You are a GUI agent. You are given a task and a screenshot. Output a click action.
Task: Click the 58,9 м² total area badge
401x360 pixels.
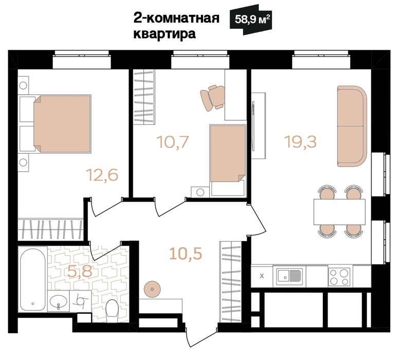click(251, 20)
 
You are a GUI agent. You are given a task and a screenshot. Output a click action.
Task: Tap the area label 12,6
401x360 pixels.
click(102, 175)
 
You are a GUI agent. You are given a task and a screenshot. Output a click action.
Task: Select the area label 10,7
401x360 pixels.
click(173, 142)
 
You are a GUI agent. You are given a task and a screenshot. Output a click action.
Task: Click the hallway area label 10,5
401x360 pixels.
click(186, 254)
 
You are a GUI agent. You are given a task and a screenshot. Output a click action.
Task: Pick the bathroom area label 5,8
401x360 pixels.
click(80, 271)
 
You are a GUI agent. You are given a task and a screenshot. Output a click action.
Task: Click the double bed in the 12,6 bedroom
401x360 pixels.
click(62, 124)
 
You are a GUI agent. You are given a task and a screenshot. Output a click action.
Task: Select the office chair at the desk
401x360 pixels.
click(213, 98)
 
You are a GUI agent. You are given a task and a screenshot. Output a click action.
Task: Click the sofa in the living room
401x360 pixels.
click(352, 126)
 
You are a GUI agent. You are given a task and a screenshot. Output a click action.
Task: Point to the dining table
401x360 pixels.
click(340, 212)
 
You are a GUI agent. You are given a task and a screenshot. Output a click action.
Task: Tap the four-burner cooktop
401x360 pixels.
click(339, 277)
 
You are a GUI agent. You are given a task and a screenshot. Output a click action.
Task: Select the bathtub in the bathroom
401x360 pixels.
click(33, 279)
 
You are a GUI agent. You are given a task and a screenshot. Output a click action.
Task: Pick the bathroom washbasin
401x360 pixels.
click(58, 301)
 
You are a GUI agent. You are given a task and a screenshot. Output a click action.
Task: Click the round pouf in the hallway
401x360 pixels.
click(152, 290)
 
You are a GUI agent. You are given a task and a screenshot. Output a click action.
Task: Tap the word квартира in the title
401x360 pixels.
click(165, 34)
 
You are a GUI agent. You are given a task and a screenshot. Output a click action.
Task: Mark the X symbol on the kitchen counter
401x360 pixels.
click(262, 276)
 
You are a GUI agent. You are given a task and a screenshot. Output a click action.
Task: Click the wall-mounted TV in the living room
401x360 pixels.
click(253, 126)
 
